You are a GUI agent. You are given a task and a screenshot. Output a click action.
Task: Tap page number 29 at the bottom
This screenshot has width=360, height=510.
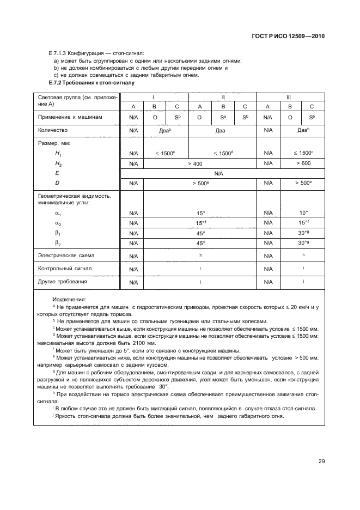321,461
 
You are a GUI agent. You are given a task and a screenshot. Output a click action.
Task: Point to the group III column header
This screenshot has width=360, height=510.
289,96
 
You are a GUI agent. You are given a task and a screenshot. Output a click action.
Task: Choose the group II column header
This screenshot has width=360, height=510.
223,96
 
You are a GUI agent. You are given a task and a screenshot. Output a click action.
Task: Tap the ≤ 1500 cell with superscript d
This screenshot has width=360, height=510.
223,154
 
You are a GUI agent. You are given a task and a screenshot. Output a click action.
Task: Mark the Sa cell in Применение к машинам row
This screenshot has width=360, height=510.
223,117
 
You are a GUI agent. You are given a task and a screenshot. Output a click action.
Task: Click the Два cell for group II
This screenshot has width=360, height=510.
223,131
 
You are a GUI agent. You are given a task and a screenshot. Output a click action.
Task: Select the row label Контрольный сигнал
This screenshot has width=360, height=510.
64,269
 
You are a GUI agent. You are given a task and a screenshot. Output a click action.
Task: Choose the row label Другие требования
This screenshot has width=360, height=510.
62,282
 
